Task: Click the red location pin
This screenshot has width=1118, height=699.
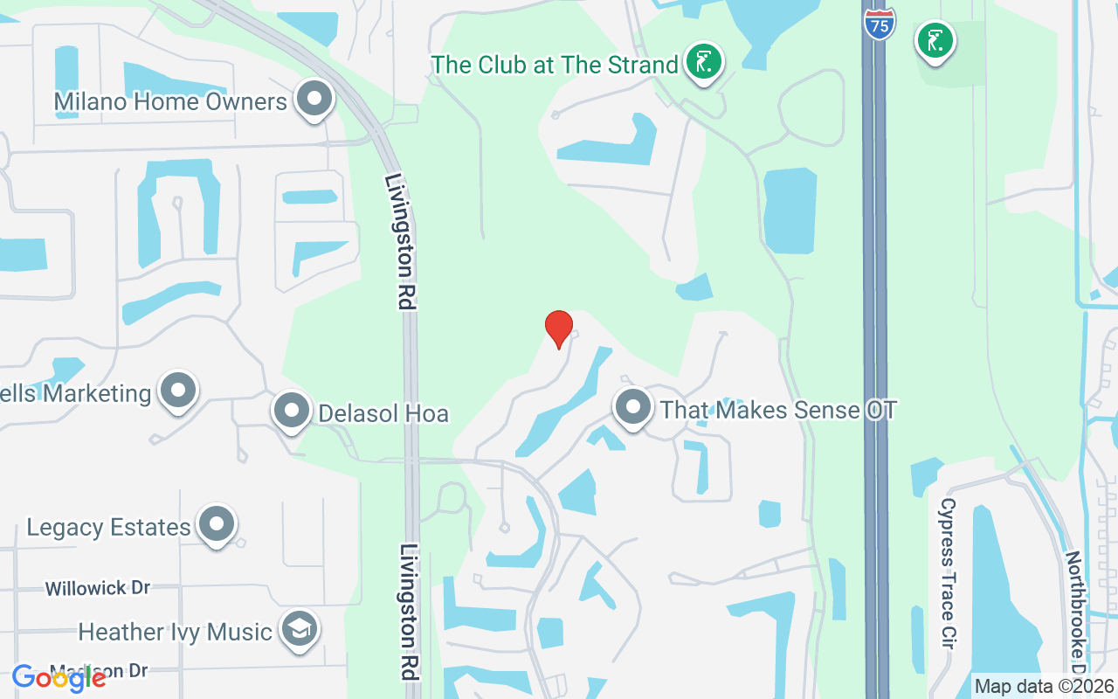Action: (x=559, y=329)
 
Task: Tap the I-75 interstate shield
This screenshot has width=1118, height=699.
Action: (x=880, y=23)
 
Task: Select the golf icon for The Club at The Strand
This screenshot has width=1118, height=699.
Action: (x=703, y=61)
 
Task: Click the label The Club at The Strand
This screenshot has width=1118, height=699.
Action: (x=555, y=65)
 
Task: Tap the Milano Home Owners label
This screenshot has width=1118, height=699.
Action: (x=170, y=102)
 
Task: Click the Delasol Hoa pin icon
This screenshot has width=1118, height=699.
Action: (x=291, y=410)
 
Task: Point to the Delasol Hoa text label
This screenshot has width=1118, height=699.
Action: (x=383, y=413)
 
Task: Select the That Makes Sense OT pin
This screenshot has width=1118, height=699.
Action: (x=633, y=407)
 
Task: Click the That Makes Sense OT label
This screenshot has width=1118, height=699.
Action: (x=778, y=410)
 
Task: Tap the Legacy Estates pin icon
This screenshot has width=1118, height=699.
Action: (x=216, y=524)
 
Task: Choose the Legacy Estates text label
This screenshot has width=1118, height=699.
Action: (x=108, y=528)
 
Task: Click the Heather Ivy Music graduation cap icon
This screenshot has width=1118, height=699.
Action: (x=299, y=629)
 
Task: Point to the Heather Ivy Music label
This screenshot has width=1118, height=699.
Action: (x=175, y=632)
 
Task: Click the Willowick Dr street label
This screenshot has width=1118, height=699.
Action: (x=98, y=588)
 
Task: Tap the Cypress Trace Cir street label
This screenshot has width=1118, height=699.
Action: (x=948, y=572)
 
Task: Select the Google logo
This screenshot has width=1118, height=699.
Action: (x=59, y=677)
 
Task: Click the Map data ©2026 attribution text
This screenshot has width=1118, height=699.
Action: (x=1044, y=686)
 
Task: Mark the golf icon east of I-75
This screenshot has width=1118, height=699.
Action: (x=935, y=40)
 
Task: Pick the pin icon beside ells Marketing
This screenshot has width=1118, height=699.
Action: (x=179, y=391)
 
